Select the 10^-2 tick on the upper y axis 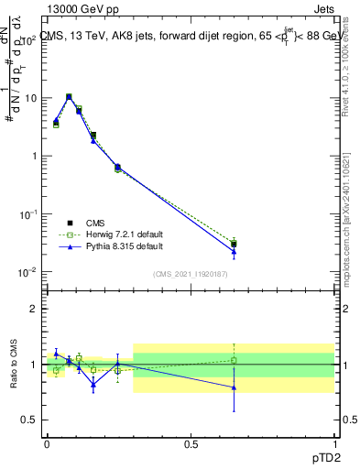point(27,272)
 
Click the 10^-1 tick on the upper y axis point(27,213)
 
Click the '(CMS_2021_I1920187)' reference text point(190,275)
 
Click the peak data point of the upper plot point(69,96)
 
